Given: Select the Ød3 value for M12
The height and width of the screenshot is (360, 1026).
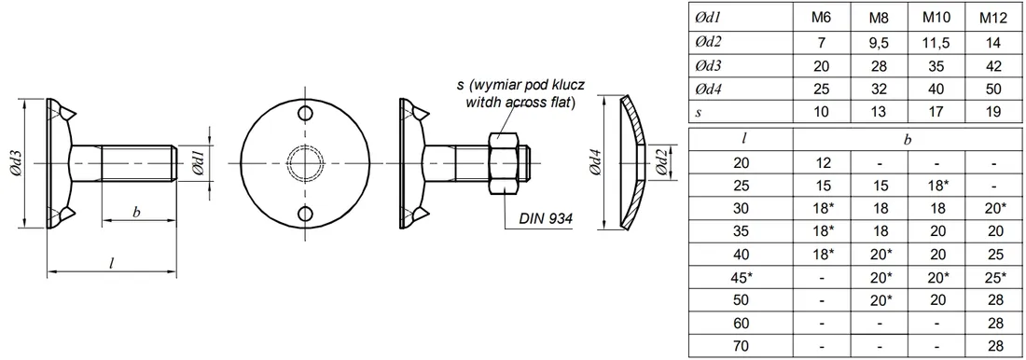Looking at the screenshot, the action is click(x=992, y=65).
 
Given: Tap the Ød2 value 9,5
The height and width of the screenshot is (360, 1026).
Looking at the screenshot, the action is click(x=879, y=43).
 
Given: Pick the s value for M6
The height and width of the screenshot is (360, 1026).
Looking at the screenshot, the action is click(x=821, y=112).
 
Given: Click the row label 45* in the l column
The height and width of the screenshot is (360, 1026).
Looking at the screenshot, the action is click(x=742, y=278).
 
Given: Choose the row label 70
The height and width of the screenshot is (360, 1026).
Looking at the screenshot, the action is click(x=740, y=346).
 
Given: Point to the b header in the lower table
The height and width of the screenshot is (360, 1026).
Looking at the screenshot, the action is click(x=908, y=139).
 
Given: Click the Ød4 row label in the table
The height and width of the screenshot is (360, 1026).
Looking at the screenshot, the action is click(x=707, y=89).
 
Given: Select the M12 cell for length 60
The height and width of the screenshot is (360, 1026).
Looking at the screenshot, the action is click(x=992, y=323).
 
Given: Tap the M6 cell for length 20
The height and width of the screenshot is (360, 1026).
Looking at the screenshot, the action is click(x=821, y=162).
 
